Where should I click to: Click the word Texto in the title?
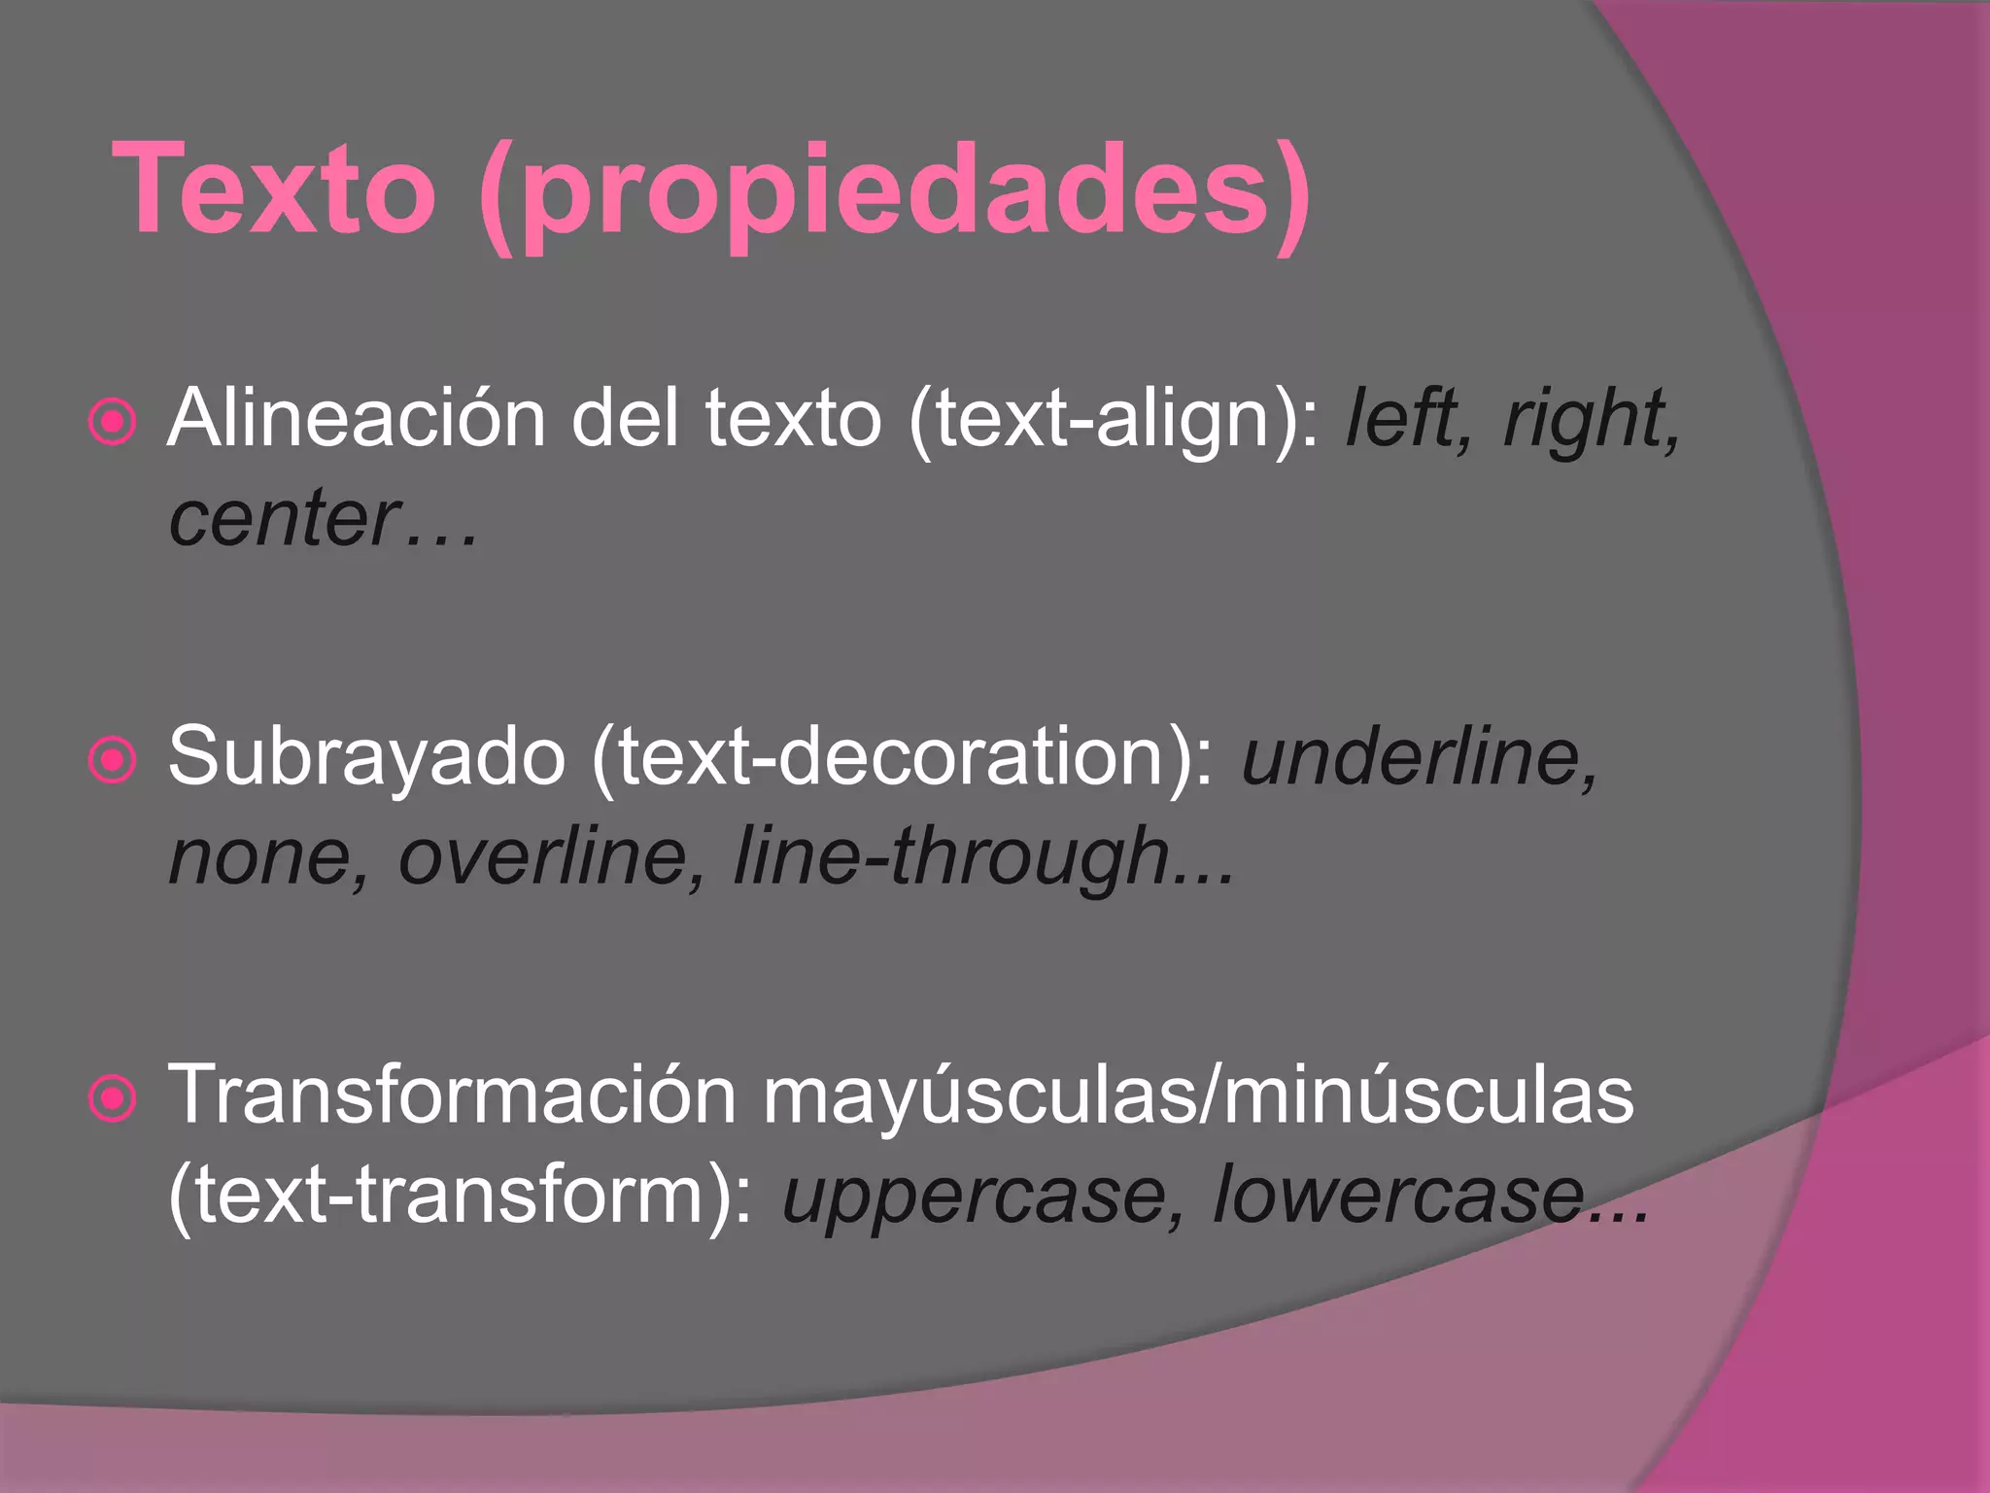(274, 190)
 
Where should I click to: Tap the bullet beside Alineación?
(113, 422)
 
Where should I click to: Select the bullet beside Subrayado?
(113, 759)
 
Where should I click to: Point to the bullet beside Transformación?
(113, 1098)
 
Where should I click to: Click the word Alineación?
(357, 418)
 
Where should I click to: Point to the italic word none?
(265, 857)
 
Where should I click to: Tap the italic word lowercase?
(1399, 1196)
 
